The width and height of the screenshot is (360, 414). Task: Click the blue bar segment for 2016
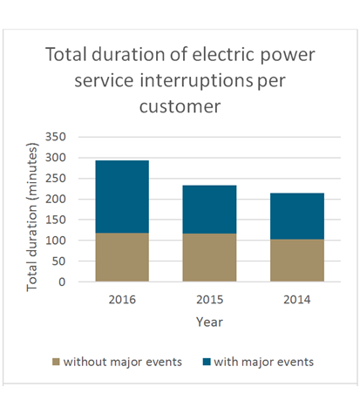[122, 196]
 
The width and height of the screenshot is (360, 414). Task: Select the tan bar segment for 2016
[122, 257]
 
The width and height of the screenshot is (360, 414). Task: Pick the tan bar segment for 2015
[209, 257]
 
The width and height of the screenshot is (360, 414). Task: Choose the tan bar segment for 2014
[297, 261]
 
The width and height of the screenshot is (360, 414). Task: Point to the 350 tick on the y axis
[56, 137]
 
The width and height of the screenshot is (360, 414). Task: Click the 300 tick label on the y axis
[56, 158]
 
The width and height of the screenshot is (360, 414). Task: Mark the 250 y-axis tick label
[56, 179]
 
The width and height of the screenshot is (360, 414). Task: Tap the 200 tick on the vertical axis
[56, 200]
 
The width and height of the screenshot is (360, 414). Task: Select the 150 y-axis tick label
[56, 220]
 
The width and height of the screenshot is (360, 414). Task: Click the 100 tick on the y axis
[56, 241]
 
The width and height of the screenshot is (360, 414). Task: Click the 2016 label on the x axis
[122, 299]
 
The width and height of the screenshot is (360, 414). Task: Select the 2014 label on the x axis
[297, 299]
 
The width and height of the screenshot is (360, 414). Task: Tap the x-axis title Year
[209, 321]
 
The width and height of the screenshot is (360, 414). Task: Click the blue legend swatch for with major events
[207, 361]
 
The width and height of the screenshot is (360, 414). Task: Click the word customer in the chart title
[180, 106]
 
